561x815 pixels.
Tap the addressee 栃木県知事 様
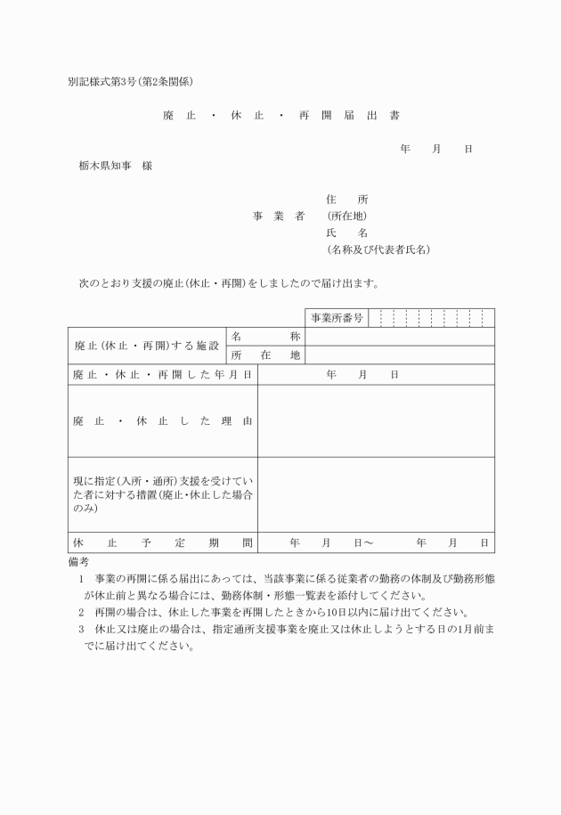coord(115,166)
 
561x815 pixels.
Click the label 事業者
coord(278,216)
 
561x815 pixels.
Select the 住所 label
coord(346,200)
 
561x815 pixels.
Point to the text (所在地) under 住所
coord(346,216)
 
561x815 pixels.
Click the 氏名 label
coord(346,232)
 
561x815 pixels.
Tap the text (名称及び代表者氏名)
coord(378,249)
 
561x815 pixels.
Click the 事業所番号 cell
coord(337,318)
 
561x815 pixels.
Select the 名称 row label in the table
coord(265,337)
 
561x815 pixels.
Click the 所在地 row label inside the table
coord(265,355)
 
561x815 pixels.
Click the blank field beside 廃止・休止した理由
coord(375,420)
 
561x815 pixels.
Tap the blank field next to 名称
coord(398,337)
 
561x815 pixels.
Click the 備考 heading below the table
coord(78,562)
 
